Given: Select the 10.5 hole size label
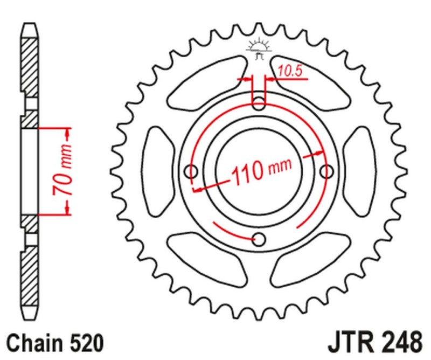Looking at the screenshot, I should pos(289,71).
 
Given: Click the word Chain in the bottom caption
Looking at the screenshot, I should pos(32,343).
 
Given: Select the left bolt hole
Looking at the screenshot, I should pos(191,171).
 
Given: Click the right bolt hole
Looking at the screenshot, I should pos(326,171).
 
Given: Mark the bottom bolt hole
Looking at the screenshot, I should pos(259,239).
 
